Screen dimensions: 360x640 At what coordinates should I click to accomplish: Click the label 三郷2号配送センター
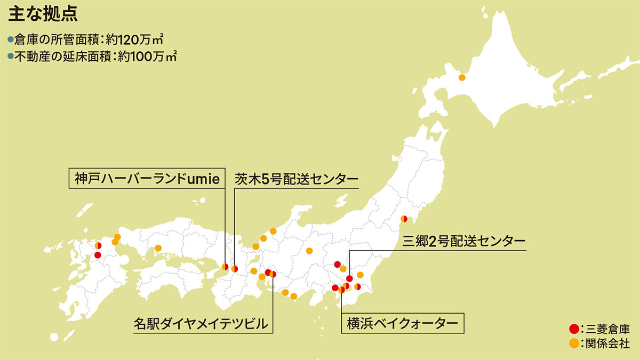(x=464, y=241)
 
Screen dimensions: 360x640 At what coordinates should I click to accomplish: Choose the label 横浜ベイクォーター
(x=402, y=323)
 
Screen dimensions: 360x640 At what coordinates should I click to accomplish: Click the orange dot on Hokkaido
(x=462, y=78)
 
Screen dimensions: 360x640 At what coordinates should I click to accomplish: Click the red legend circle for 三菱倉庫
(x=574, y=328)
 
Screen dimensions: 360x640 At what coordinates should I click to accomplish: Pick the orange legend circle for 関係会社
(x=574, y=344)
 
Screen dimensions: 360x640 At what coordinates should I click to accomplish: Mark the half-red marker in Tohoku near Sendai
(x=404, y=219)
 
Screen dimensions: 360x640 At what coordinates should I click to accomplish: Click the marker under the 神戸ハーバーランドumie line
(x=226, y=266)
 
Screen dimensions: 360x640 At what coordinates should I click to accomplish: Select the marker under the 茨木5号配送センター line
(x=234, y=268)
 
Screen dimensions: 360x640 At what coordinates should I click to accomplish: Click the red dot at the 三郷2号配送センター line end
(x=349, y=278)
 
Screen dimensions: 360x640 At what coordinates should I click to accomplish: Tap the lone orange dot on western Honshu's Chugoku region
(x=158, y=248)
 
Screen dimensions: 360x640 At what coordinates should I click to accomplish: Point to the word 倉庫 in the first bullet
(x=25, y=40)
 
